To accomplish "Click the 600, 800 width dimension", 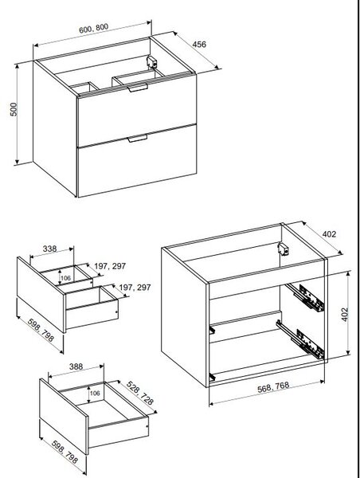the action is pos(93,29).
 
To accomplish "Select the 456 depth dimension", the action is pos(199,44).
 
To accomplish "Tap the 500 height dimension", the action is pos(14,109).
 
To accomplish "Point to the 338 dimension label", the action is pos(49,249).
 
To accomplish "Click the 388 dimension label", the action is pos(76,366).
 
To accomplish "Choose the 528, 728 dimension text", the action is pos(140,393).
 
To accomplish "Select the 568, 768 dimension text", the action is pos(273,387).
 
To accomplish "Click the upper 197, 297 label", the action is pos(110,266).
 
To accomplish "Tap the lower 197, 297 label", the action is pos(135,288).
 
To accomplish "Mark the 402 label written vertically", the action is pos(344,315).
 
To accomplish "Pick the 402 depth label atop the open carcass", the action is pos(329,234).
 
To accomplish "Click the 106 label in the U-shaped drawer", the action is pos(65,278).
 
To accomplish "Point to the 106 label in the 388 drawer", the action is pos(95,394).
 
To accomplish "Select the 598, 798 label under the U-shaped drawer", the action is pos(41,331).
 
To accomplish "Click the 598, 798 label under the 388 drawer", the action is pos(65,452).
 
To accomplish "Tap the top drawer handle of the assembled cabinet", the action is pos(138,88).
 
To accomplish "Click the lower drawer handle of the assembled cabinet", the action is pos(138,139).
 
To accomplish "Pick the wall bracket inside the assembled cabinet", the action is pos(151,62).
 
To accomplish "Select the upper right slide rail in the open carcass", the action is pos(306,296).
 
